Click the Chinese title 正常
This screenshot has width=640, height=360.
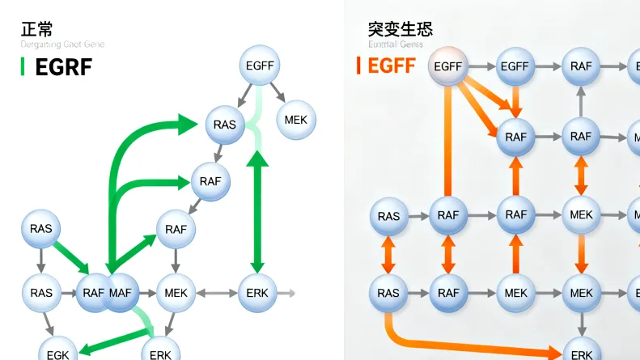pos(37,29)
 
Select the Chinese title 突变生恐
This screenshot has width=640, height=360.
pos(400,29)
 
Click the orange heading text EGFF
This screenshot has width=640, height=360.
pos(392,66)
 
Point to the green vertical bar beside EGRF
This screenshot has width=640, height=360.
pos(23,67)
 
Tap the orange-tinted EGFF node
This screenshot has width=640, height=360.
pos(447,66)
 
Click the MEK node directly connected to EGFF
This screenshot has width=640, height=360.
pos(296,120)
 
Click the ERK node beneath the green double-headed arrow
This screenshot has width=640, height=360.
pos(257,291)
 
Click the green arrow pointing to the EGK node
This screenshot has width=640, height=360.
pos(113,341)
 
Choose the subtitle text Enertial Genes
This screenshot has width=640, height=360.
pos(396,44)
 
